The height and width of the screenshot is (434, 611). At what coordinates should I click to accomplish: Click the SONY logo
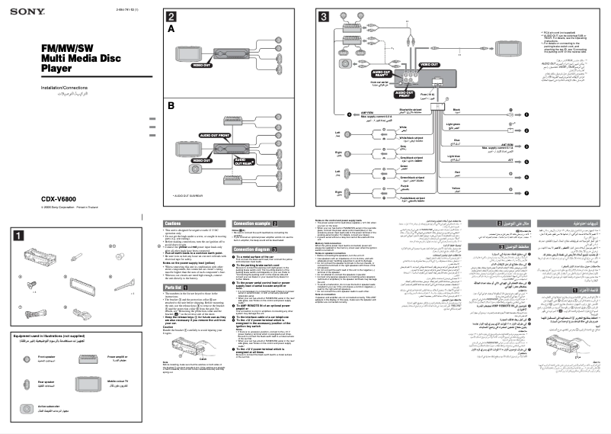(x=27, y=10)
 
